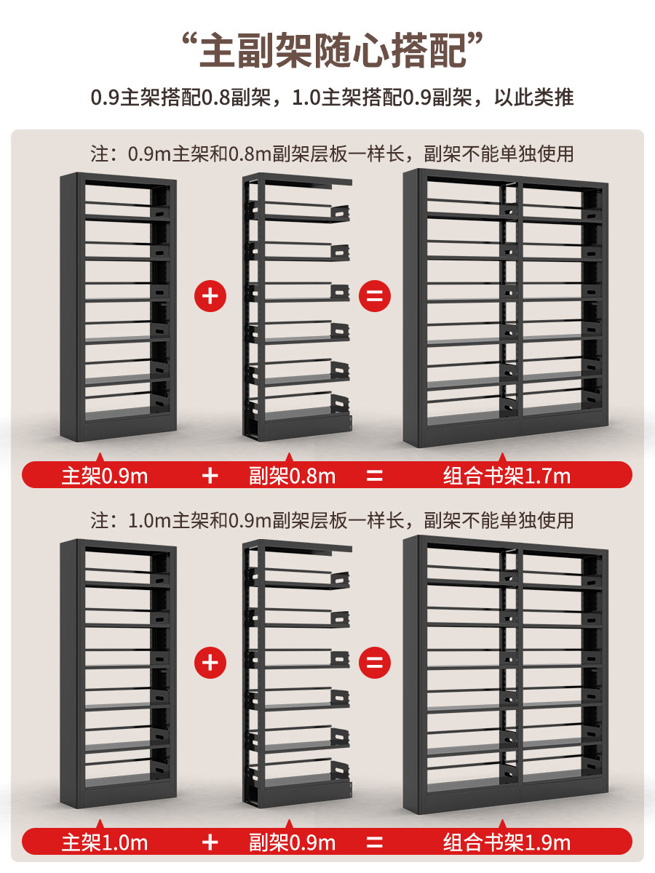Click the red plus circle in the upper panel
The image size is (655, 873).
click(210, 296)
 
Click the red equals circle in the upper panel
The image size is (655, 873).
click(374, 296)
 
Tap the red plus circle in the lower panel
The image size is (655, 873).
click(210, 663)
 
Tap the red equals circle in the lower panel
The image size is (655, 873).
click(374, 663)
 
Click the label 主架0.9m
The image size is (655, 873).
click(105, 477)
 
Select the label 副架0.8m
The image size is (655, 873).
click(292, 477)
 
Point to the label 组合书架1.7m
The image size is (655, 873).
click(507, 477)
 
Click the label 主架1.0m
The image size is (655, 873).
click(105, 843)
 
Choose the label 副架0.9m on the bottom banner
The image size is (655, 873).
click(292, 843)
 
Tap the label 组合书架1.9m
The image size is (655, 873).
click(507, 843)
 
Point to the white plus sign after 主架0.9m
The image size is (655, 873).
click(210, 476)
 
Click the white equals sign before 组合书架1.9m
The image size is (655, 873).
click(374, 842)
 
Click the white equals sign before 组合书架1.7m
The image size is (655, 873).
click(374, 476)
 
